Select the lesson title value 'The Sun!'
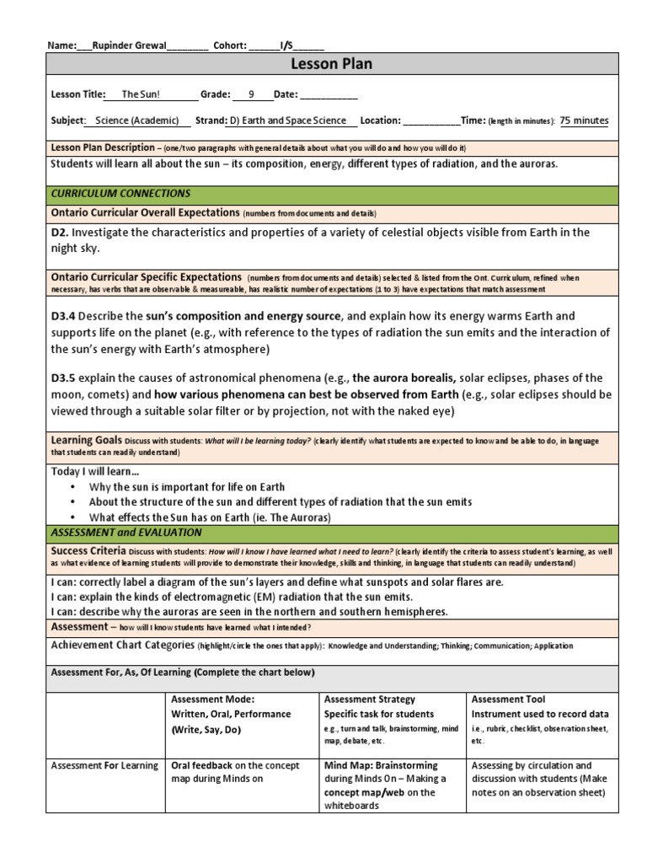[141, 95]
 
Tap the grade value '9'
[250, 95]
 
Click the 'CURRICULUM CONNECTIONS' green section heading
[120, 194]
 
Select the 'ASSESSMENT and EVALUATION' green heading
[126, 533]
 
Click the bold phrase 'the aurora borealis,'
[404, 378]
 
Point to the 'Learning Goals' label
[86, 441]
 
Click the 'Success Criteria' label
[89, 549]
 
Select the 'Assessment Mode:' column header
[212, 700]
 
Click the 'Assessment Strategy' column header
[369, 700]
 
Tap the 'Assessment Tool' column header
[508, 700]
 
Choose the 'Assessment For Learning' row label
[104, 765]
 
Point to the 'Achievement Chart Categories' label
[122, 646]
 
